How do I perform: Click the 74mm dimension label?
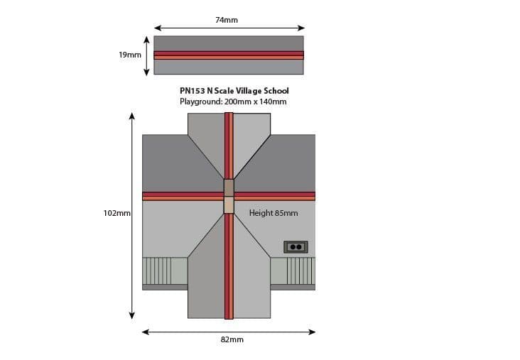click(x=227, y=20)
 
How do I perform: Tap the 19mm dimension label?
click(x=130, y=55)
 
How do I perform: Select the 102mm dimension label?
click(x=117, y=213)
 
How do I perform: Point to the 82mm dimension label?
click(x=232, y=339)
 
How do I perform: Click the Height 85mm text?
click(x=273, y=213)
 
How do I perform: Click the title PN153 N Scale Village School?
click(x=234, y=91)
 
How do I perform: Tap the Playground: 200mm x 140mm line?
click(x=233, y=102)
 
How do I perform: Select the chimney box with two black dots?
click(x=296, y=247)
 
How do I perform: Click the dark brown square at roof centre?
click(x=229, y=187)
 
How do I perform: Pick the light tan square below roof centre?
click(x=229, y=205)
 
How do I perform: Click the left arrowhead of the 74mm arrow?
click(x=158, y=28)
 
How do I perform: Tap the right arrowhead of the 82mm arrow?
click(x=312, y=332)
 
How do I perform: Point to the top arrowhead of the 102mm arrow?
click(x=132, y=116)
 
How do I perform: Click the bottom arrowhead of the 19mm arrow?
click(x=146, y=72)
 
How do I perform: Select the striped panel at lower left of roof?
click(x=165, y=271)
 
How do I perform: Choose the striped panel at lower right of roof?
click(x=293, y=271)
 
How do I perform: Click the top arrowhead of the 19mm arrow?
click(x=146, y=40)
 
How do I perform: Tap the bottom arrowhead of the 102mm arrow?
click(x=132, y=315)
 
